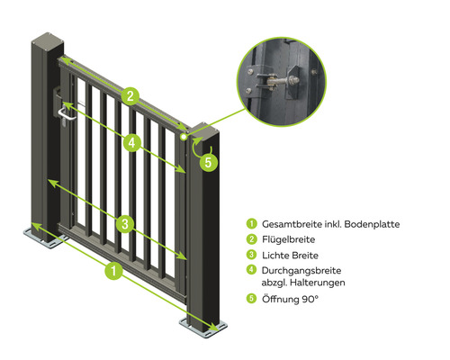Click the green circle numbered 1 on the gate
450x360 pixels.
coord(113,271)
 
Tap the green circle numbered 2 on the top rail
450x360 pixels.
coord(130,96)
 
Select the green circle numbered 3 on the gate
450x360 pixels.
coord(125,223)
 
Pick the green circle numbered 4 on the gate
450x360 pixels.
coord(132,143)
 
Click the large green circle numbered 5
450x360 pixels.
coord(208,162)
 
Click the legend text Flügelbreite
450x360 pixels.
coord(288,239)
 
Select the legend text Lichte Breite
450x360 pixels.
coord(290,256)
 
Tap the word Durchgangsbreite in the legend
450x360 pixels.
coord(301,271)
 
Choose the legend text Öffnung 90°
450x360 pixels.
coord(290,299)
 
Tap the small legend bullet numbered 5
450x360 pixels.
coord(251,299)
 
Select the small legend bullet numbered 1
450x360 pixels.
coord(251,224)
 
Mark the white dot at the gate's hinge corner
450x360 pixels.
coord(184,137)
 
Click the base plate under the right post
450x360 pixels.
coord(203,328)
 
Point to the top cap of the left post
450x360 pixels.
coord(48,40)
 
